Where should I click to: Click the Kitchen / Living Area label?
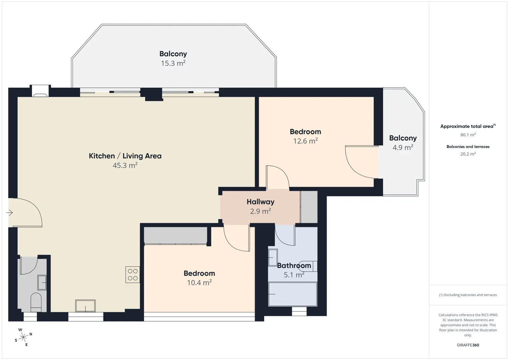(125, 156)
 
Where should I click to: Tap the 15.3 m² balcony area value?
(173, 63)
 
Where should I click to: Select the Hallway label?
(261, 202)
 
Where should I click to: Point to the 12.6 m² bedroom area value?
(306, 141)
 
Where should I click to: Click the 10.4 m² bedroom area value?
(199, 283)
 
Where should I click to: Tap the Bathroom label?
(294, 266)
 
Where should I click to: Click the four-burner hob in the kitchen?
(133, 275)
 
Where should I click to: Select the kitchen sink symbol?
(85, 306)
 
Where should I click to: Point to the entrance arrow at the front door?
(10, 213)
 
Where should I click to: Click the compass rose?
(23, 337)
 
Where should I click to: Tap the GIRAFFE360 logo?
(468, 345)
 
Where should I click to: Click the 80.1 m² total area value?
(468, 135)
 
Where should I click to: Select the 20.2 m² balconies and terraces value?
(468, 154)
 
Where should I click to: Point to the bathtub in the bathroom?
(293, 294)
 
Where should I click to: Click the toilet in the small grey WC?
(36, 302)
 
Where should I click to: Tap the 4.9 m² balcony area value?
(403, 147)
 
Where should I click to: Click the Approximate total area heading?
(468, 126)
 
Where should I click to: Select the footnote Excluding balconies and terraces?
(468, 295)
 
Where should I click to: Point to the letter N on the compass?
(31, 334)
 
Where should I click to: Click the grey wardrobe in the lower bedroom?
(175, 236)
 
